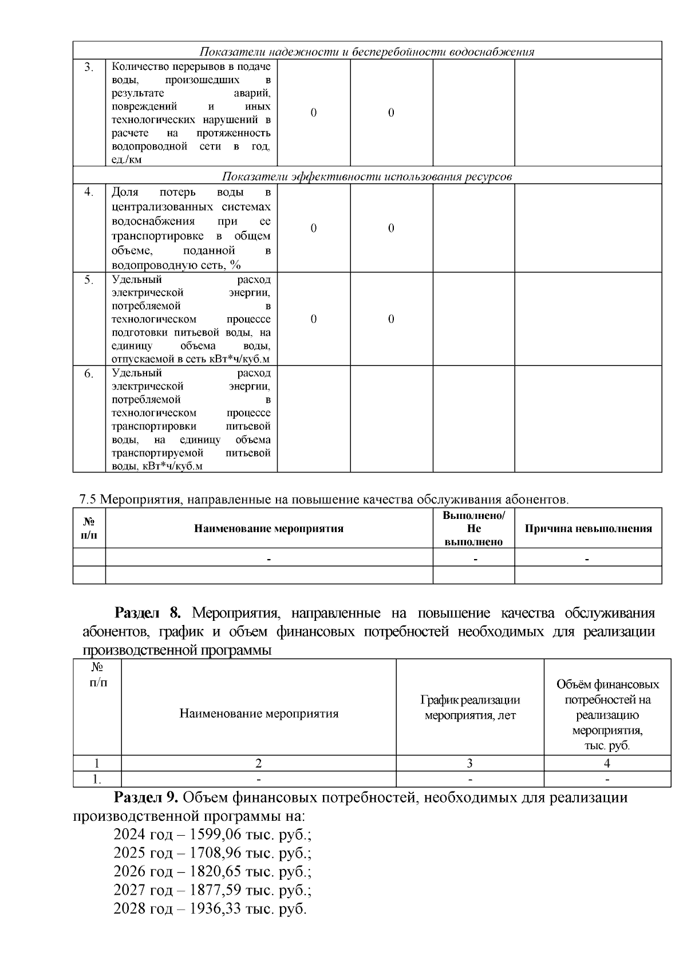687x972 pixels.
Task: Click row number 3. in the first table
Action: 89,68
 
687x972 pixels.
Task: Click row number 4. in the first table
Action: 89,192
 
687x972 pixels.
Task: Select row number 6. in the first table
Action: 89,374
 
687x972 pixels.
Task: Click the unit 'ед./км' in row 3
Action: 126,160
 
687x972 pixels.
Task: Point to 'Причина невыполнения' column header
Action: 588,528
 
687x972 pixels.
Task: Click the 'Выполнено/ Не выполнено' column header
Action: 473,528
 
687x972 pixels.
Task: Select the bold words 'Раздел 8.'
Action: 148,613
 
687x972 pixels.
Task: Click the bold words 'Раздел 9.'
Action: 148,797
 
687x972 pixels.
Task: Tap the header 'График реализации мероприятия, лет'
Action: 469,707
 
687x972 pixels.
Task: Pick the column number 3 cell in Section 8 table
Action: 469,763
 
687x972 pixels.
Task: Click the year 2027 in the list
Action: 129,890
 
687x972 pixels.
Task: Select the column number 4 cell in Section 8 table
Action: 607,763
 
